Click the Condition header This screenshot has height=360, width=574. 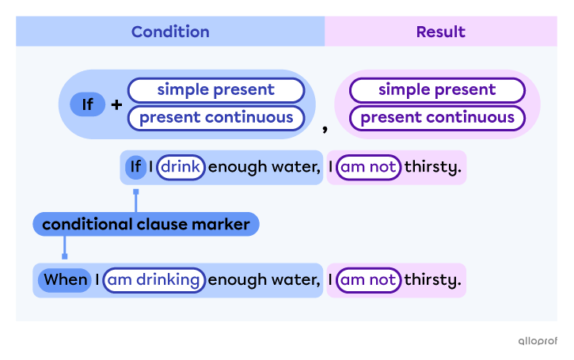[170, 32]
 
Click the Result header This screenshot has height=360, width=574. [441, 32]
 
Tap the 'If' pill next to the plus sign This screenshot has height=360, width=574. [88, 104]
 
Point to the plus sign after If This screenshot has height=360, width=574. [116, 105]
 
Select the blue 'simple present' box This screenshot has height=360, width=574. [216, 90]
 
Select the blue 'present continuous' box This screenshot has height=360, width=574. [216, 118]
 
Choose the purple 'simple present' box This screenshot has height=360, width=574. [437, 90]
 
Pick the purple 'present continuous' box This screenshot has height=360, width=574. [437, 118]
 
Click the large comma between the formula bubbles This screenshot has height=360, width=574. [325, 128]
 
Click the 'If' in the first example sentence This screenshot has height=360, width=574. [136, 167]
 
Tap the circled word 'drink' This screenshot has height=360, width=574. [181, 167]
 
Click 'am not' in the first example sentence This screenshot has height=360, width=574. [368, 167]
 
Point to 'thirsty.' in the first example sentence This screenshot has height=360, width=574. [433, 167]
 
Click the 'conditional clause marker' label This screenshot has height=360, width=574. [146, 224]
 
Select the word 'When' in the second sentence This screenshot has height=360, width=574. [65, 280]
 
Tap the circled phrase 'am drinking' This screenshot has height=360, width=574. [154, 280]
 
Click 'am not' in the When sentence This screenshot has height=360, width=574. [368, 280]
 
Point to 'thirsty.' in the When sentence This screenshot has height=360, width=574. [433, 280]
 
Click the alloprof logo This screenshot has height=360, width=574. [538, 341]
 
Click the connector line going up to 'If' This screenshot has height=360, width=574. [136, 201]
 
